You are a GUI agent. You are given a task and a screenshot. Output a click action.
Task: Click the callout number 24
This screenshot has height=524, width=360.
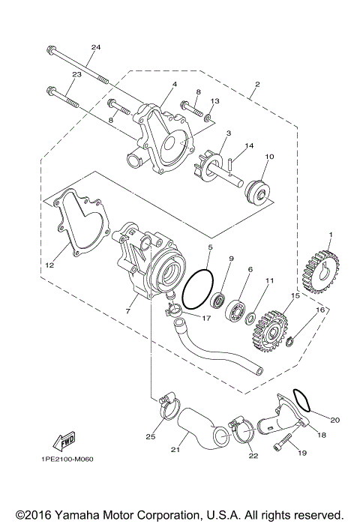click(95, 47)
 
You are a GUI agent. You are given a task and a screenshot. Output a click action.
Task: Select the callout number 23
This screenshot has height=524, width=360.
click(76, 74)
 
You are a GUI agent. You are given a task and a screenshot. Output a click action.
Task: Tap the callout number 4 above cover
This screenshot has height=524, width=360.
click(173, 84)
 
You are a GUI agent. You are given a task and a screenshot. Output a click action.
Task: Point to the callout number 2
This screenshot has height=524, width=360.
click(256, 84)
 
